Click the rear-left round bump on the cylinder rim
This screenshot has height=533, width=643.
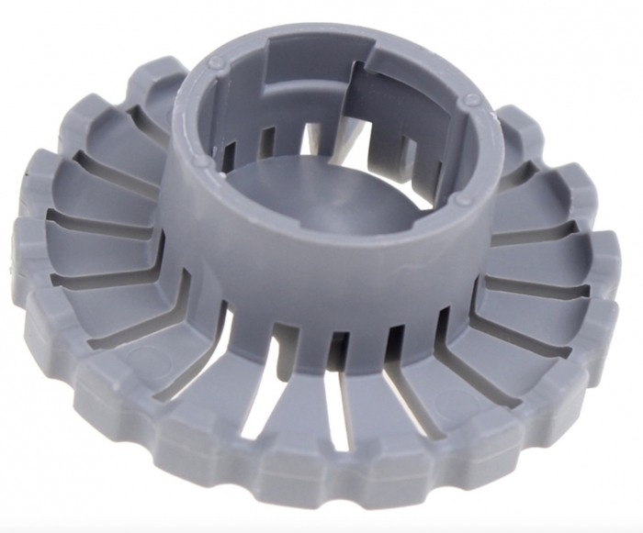(x=217, y=63)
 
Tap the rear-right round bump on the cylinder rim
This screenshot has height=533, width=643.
(x=470, y=100)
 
